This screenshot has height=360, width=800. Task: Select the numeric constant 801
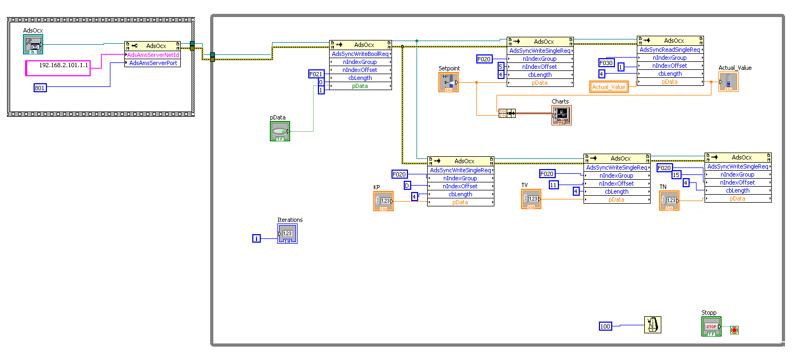40,88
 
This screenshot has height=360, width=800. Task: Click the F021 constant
316,74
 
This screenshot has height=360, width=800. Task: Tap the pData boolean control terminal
280,131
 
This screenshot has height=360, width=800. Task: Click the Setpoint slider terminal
449,83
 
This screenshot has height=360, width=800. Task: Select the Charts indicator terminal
561,115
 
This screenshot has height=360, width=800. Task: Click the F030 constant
607,62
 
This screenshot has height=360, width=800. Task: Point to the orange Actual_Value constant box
609,87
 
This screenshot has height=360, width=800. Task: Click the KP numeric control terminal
383,201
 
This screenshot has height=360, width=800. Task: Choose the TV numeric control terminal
531,199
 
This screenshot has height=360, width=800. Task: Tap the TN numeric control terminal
669,201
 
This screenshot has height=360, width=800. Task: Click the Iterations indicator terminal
287,234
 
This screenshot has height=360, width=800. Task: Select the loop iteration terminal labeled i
257,238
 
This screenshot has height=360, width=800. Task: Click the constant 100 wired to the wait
605,326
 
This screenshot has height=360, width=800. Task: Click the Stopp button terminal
711,326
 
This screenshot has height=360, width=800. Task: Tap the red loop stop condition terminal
734,330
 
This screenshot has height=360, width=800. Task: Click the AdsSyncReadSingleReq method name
670,50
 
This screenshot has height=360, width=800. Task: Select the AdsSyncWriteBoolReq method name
360,54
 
